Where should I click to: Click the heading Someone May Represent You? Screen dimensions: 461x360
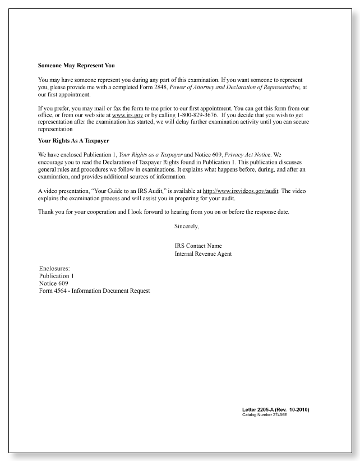point(76,66)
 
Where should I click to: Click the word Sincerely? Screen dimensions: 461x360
point(187,226)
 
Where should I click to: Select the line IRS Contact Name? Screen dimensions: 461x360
point(198,246)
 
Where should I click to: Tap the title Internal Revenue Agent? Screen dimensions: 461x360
point(203,254)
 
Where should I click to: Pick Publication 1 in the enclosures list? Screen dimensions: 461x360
point(57,276)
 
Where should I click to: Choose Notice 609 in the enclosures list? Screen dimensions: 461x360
point(54,283)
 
